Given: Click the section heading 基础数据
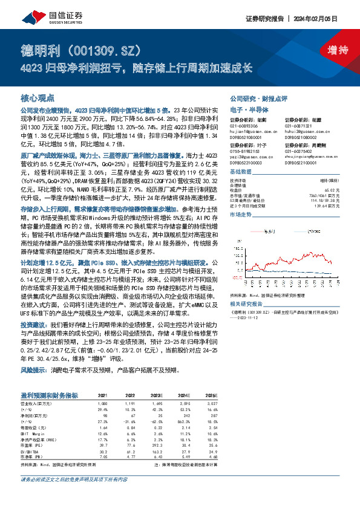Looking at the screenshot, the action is (242, 171).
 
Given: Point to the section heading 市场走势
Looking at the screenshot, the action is (242, 215).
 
